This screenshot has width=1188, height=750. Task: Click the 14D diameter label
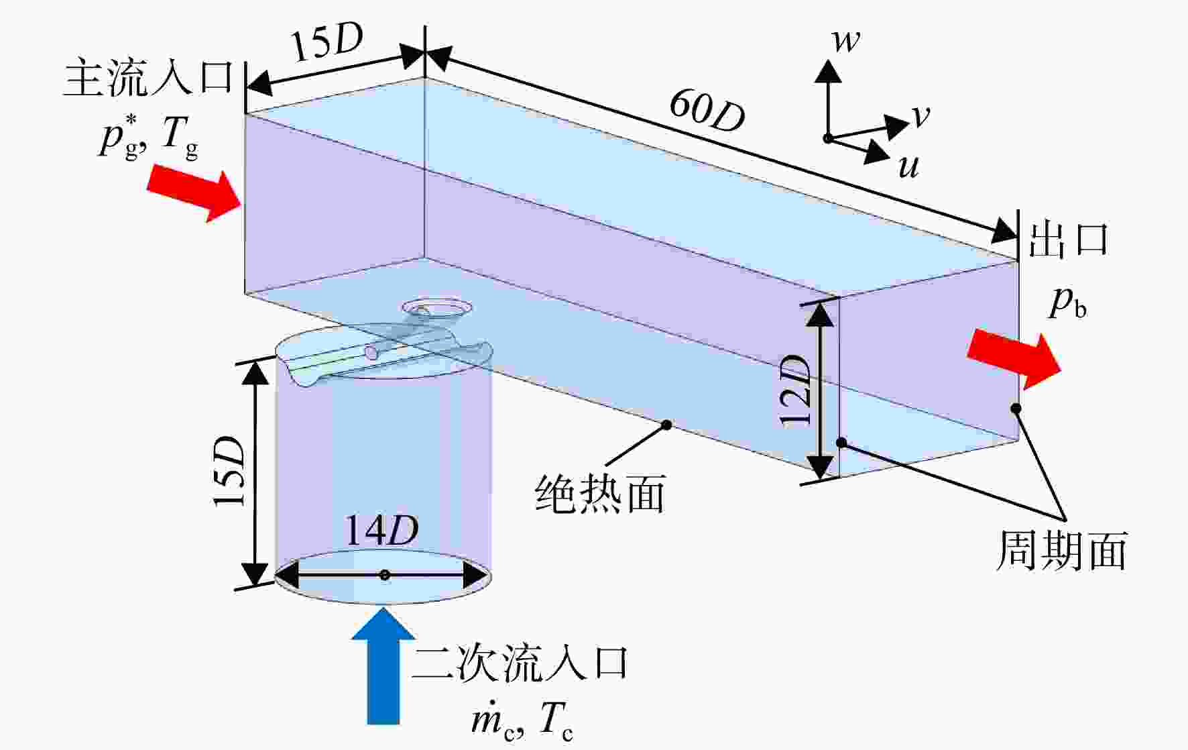[381, 531]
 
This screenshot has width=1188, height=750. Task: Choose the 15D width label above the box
[326, 45]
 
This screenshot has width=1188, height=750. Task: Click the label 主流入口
[148, 78]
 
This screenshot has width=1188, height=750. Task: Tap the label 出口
[1069, 239]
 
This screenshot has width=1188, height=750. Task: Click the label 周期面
[1061, 551]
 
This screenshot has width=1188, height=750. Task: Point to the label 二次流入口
[520, 664]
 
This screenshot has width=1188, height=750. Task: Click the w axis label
[845, 41]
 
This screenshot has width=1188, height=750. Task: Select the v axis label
[921, 117]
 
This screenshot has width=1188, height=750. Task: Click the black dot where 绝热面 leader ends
[666, 425]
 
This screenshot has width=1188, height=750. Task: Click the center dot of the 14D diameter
[384, 575]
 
